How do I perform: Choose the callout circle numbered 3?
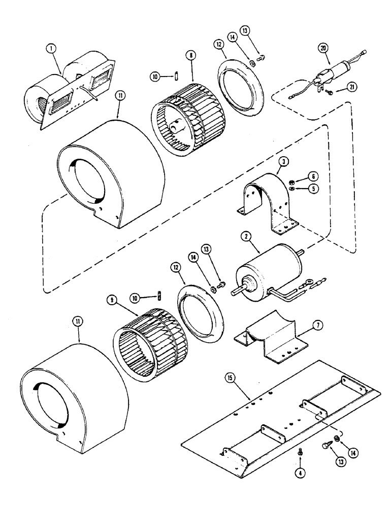click(x=281, y=163)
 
